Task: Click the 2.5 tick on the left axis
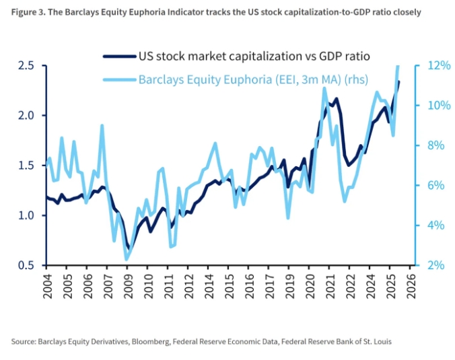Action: pyautogui.click(x=27, y=65)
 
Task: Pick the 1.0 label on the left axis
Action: pyautogui.click(x=27, y=215)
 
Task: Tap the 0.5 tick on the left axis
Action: pyautogui.click(x=27, y=265)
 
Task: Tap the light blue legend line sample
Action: pyautogui.click(x=118, y=79)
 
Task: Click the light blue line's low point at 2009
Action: pyautogui.click(x=126, y=260)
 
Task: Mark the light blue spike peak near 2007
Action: pyautogui.click(x=102, y=125)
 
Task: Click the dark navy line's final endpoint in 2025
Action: pyautogui.click(x=398, y=82)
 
